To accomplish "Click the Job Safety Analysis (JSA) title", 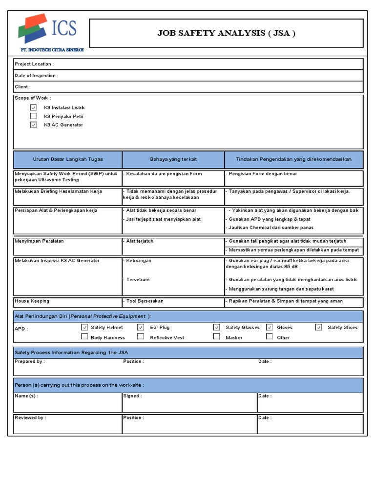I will point(226,33).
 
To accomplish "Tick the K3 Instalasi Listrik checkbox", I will point(33,107).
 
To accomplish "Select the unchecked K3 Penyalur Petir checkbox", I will point(33,116).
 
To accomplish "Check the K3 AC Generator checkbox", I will point(33,125).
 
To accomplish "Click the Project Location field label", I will point(34,64).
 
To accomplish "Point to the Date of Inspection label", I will point(36,76).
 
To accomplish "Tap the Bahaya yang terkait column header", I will point(173,160).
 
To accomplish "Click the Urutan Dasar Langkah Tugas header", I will point(68,160).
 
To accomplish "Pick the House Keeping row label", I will point(32,301).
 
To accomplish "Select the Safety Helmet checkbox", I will point(84,327).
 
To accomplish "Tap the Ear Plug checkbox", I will point(141,327).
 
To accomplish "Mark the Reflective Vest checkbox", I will point(141,336).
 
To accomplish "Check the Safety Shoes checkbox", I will point(319,327).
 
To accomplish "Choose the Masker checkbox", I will point(217,336).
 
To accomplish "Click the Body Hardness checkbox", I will point(84,336).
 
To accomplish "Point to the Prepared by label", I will point(29,361).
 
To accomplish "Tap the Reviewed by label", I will point(30,418).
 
